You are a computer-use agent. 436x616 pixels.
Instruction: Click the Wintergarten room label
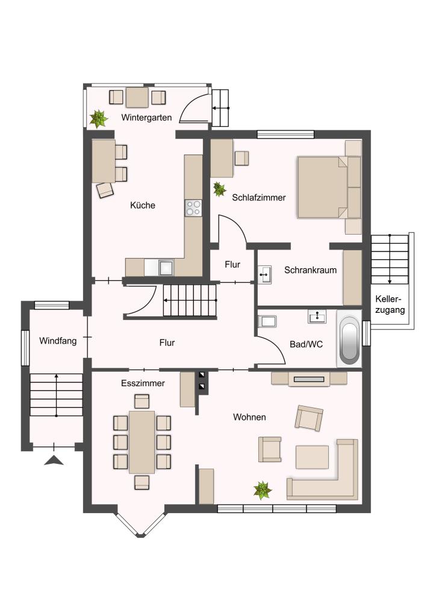[146, 117]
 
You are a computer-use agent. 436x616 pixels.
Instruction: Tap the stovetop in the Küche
[193, 208]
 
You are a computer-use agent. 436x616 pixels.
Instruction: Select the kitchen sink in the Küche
[166, 268]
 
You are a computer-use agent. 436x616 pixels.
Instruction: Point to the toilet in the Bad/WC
[267, 321]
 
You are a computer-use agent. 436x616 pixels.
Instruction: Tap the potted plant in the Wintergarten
[98, 119]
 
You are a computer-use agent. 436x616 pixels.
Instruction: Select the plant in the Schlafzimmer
[219, 189]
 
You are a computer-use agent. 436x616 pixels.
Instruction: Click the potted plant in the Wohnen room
[262, 490]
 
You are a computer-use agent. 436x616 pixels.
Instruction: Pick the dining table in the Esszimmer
[142, 442]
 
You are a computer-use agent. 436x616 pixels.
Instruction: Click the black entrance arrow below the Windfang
[54, 460]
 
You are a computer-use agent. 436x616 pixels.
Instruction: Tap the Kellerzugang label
[390, 304]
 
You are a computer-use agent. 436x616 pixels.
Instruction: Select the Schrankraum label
[310, 270]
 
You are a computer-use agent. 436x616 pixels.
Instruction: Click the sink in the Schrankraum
[266, 274]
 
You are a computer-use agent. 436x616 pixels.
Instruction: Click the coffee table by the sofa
[312, 457]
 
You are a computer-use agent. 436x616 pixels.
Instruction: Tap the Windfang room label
[58, 341]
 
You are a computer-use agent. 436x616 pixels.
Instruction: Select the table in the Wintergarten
[137, 97]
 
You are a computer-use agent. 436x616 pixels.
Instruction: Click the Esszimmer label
[143, 383]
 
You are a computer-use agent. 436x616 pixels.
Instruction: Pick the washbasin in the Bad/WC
[317, 316]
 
